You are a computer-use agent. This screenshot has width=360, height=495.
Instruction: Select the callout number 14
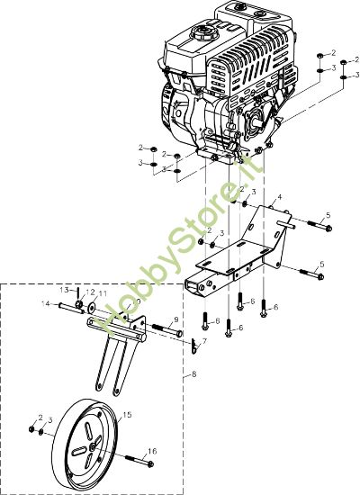coord(46,303)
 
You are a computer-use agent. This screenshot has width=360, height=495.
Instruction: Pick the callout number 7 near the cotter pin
coord(204,342)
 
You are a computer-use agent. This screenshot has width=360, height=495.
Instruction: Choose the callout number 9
coord(175,319)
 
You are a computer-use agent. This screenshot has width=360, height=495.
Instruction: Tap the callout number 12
coord(91,293)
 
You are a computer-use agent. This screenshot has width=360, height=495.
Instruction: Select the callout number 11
coord(103,294)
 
